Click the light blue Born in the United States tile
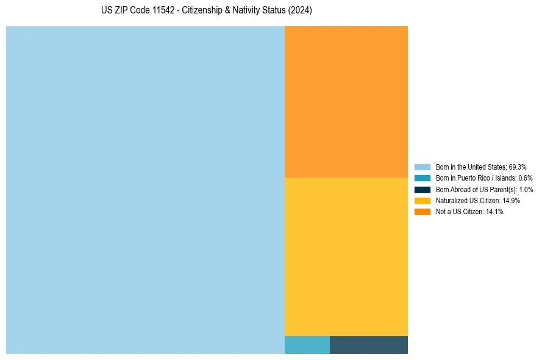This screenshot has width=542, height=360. coord(145,190)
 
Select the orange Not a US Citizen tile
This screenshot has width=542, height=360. coord(346,101)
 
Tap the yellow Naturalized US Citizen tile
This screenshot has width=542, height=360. coord(346,256)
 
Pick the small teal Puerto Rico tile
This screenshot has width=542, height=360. coord(307,345)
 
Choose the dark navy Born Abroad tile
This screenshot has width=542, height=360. coord(368,345)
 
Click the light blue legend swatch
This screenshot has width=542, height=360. coord(422,167)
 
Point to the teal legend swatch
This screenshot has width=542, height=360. coord(422,178)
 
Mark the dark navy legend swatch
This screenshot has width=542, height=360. coord(422,190)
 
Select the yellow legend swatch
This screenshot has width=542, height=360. coord(422,201)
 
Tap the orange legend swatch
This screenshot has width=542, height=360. coord(422,212)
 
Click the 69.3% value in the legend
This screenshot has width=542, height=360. coord(517,167)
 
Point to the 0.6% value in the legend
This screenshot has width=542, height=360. coord(525,178)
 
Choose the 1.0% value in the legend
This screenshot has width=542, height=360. coord(526,190)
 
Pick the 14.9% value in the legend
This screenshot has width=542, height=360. coord(511,201)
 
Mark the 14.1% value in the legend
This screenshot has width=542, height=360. coord(494,212)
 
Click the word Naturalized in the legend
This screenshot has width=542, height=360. coord(451,201)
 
